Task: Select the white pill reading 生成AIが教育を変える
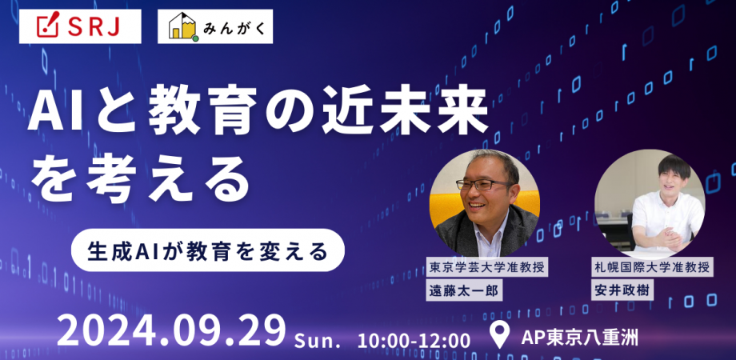(207, 250)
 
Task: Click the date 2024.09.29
(171, 329)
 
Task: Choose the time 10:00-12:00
(415, 338)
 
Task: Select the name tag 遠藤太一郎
(464, 290)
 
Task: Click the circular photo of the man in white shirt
(650, 202)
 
